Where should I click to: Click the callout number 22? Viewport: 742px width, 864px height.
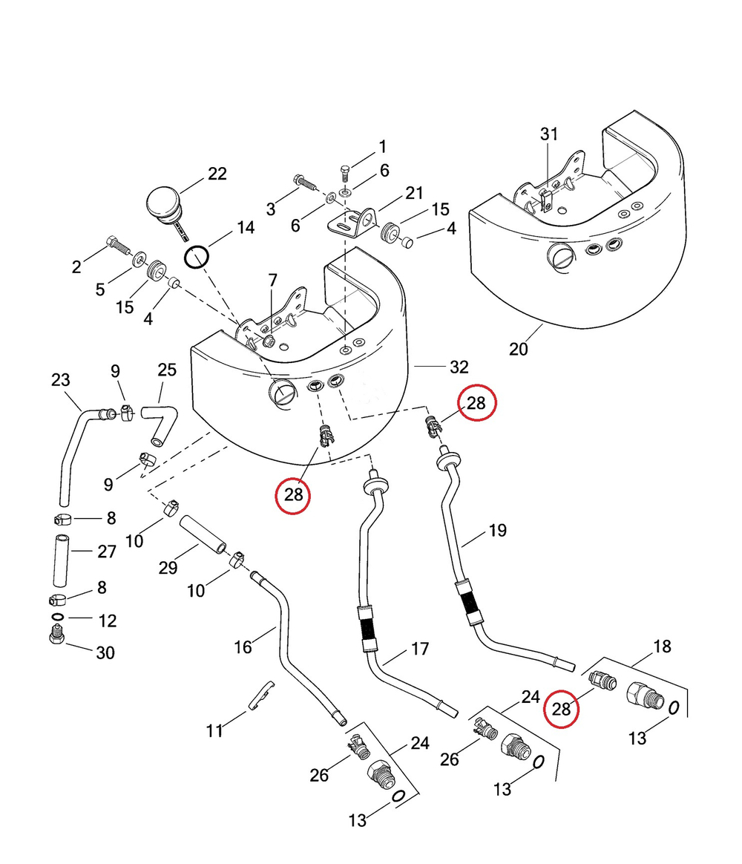coord(217,174)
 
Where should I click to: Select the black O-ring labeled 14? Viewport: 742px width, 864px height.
coord(197,258)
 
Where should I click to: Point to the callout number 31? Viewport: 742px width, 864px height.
coord(548,134)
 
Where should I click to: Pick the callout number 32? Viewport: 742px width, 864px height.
coord(459,367)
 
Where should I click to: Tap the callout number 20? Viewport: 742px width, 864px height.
coord(518,349)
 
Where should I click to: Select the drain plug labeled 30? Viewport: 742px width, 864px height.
coord(56,635)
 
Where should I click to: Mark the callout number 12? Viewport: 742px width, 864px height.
coord(108,621)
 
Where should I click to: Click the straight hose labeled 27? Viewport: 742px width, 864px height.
coord(62,560)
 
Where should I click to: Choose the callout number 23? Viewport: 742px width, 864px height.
coord(61,379)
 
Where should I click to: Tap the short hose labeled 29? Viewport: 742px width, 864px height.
coord(203,534)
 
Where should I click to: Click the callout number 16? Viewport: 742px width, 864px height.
coord(243,647)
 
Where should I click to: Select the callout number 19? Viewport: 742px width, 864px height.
coord(497,530)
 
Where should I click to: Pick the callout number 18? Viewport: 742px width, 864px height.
coord(662,647)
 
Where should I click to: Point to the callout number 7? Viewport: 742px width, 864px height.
coord(272,281)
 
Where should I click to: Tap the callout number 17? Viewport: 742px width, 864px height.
coord(420,649)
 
